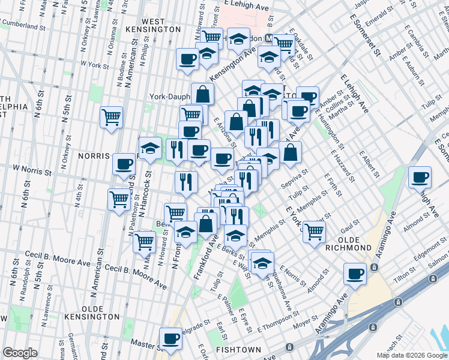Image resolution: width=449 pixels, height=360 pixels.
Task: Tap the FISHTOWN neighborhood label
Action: pos(243,349)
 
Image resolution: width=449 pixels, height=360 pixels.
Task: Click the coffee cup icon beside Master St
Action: pos(170,339)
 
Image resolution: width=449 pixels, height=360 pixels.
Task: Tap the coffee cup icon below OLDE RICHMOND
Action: pos(355,274)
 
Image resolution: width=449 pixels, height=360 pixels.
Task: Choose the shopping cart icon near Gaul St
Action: pos(314,231)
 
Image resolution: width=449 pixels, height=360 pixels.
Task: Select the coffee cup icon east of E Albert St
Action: pos(420,178)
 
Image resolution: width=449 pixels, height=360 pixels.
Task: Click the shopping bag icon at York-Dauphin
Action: pos(203,94)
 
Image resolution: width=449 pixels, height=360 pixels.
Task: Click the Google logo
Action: pos(20,353)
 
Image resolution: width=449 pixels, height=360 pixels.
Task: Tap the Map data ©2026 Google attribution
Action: pos(411,355)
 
